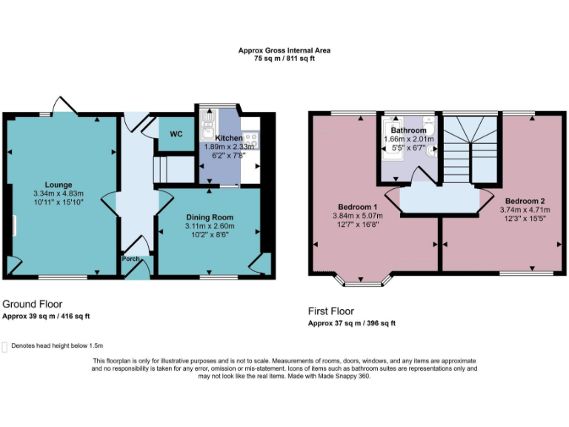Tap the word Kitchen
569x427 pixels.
coord(228,139)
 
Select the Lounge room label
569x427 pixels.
coord(58,185)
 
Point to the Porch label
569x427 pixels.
coord(130,259)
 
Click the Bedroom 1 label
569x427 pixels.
coord(358,206)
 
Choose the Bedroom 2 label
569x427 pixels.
coord(525,201)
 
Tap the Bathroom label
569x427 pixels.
coord(408,130)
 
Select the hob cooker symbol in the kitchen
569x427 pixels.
coord(250,138)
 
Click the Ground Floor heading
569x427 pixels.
coord(32,304)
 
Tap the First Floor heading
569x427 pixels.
coord(331,311)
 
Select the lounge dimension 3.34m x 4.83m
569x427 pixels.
coord(59,193)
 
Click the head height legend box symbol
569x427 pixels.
coord(5,346)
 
